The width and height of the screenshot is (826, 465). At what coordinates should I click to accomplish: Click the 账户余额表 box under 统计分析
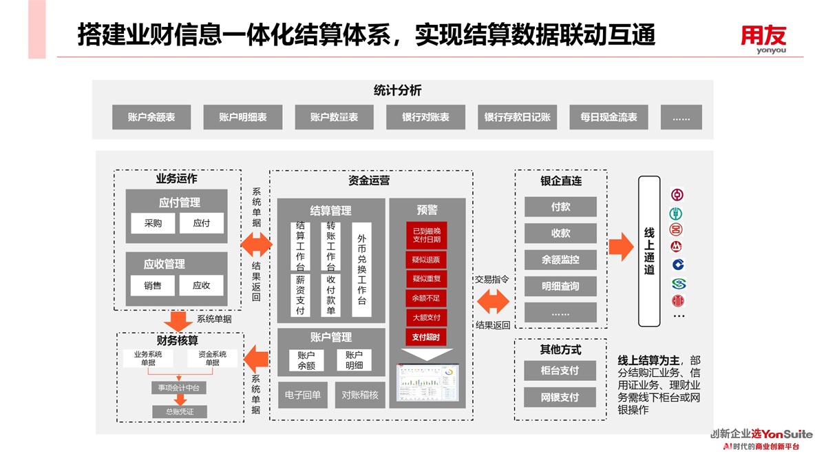pos(151,117)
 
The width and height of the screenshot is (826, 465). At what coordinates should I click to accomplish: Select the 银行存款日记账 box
pos(518,117)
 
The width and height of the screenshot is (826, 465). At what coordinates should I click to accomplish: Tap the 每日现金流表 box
pos(608,117)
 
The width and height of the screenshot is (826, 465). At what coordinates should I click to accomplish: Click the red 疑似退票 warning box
pos(426,260)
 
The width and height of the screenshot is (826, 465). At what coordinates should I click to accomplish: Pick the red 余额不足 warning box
pos(426,298)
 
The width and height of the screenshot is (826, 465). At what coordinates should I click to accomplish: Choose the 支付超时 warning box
pos(426,337)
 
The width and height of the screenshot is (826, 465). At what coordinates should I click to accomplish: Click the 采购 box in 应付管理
pos(153,223)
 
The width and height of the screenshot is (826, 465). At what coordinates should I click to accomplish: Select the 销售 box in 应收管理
pos(153,285)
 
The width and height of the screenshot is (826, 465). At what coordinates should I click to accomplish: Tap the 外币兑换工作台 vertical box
pos(362,269)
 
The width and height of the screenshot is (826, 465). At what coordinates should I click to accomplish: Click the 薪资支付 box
pos(300,296)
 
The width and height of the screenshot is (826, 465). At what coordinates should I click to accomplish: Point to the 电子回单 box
pos(303,395)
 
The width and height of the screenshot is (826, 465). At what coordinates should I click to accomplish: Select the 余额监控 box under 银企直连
pos(560,260)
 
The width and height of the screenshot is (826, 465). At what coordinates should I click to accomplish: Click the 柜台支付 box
pos(560,371)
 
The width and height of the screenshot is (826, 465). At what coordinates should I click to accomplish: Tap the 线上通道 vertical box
pos(649,251)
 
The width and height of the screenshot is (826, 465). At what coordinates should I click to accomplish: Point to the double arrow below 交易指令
pos(493,302)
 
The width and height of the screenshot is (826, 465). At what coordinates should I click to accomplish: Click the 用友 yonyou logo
pos(763,39)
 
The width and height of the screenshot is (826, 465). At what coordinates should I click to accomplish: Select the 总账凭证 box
pos(180,411)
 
